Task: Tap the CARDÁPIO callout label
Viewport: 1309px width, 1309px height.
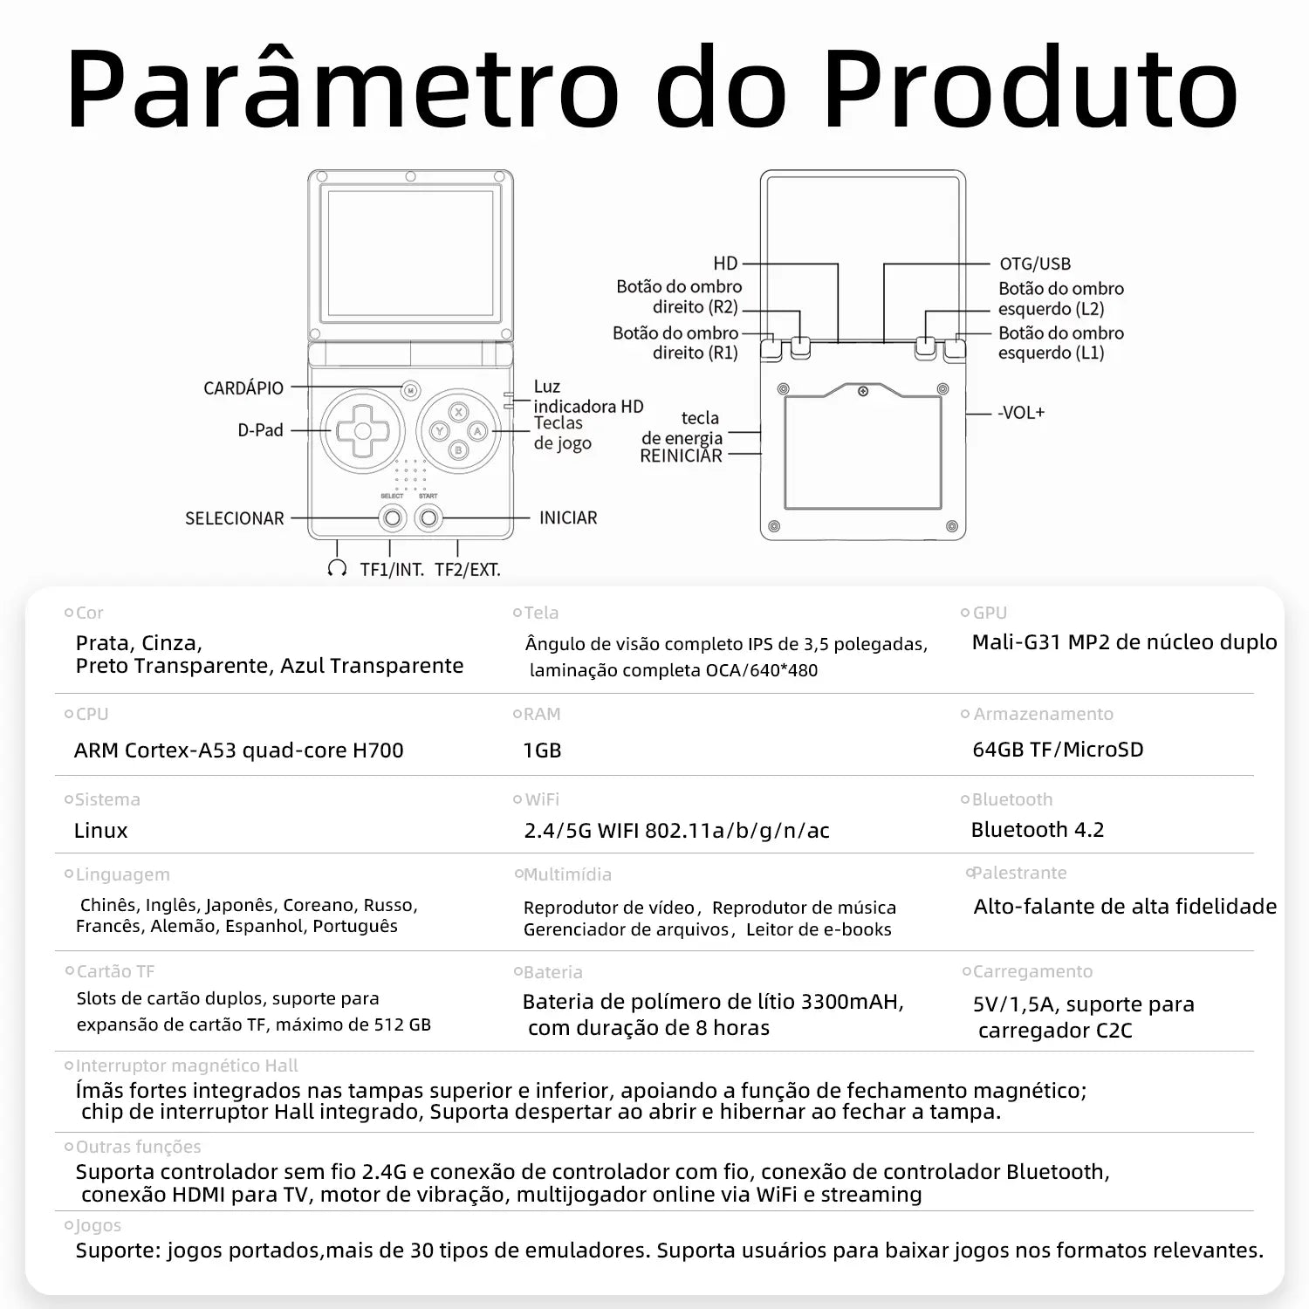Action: pos(243,388)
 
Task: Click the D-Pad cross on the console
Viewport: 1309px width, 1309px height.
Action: pos(361,430)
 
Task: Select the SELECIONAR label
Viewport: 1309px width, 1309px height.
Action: pos(235,518)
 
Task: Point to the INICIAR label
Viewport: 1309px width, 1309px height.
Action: pos(568,517)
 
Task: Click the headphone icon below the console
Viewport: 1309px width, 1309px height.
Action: pos(337,569)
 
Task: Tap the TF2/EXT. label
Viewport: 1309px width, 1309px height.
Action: pos(468,570)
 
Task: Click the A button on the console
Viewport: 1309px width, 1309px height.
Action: pos(477,430)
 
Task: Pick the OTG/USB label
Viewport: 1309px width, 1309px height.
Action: pos(1035,264)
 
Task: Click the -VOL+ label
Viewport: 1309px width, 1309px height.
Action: pos(1021,413)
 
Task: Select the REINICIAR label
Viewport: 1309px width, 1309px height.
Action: pos(681,456)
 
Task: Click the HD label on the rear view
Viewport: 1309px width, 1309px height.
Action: pos(725,264)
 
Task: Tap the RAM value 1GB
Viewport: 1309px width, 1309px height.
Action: pos(542,750)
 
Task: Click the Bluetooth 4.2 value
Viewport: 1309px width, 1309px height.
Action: pos(1038,830)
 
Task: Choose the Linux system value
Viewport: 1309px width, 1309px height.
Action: pos(100,831)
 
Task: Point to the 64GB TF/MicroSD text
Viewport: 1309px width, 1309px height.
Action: pos(1058,750)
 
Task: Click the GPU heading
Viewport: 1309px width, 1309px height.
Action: pos(990,613)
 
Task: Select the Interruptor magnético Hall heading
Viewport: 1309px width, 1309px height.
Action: pos(186,1066)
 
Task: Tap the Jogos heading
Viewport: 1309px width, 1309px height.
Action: pos(98,1225)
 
